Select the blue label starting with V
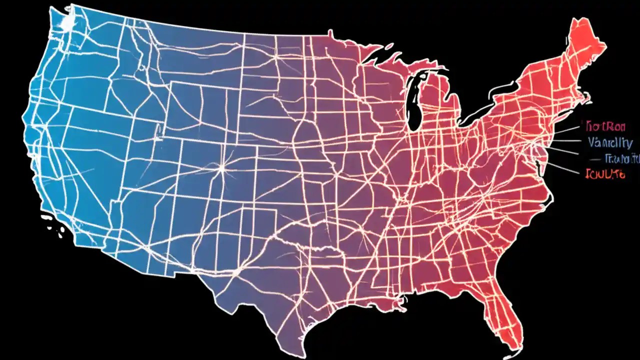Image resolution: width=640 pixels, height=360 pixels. click(x=609, y=142)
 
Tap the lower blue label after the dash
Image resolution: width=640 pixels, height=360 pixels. click(x=622, y=159)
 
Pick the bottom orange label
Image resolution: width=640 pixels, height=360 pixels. click(x=604, y=174)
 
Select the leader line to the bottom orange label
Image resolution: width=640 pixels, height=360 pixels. click(x=565, y=168)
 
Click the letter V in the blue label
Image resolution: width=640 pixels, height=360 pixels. click(x=592, y=142)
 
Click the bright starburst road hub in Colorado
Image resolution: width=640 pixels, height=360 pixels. click(x=220, y=168)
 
